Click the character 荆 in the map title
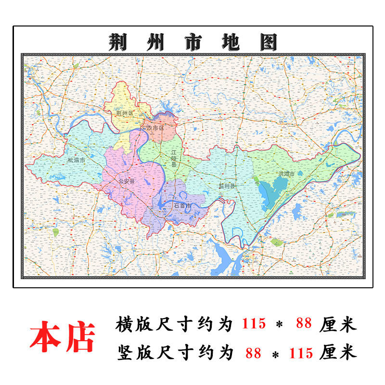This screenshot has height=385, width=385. pyautogui.click(x=117, y=42)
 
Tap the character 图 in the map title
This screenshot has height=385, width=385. pyautogui.click(x=269, y=42)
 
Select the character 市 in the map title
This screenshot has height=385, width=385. pyautogui.click(x=193, y=42)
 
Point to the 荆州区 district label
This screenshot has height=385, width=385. pyautogui.click(x=124, y=113)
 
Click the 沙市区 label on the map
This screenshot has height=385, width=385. pyautogui.click(x=155, y=128)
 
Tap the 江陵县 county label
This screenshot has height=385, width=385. pyautogui.click(x=174, y=158)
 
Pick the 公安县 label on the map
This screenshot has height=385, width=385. pyautogui.click(x=127, y=181)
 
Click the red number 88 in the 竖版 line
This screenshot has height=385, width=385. pyautogui.click(x=253, y=353)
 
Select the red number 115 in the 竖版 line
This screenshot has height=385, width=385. pyautogui.click(x=301, y=353)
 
